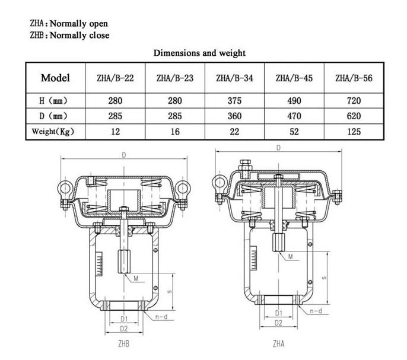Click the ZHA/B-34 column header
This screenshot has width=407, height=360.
point(234,78)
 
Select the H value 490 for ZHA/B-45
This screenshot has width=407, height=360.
point(294,101)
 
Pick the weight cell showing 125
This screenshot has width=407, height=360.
point(354,132)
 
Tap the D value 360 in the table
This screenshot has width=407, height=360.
point(234,116)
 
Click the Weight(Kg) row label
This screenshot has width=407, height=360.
point(53,132)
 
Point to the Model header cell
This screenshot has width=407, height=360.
point(55,78)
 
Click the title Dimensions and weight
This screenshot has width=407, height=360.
point(199,53)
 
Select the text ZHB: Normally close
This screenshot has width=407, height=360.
point(69,35)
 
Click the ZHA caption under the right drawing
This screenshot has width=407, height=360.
point(278,344)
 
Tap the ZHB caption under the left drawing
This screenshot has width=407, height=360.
point(123,344)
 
